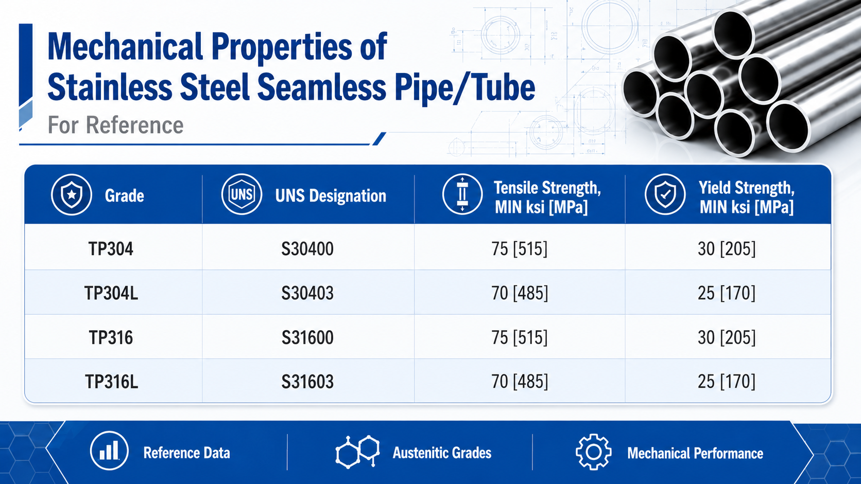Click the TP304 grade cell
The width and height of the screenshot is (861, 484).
coord(111,249)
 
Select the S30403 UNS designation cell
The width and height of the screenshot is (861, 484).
coord(307,293)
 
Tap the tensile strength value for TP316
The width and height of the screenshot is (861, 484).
coord(519,338)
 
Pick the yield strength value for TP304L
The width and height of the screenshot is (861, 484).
coord(727,293)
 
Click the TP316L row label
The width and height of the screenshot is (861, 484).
coord(111,382)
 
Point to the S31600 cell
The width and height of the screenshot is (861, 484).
coord(307,338)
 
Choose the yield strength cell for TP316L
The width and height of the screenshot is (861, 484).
coord(727,382)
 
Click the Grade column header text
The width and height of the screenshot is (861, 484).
coord(125,196)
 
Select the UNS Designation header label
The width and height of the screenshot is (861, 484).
coord(331,196)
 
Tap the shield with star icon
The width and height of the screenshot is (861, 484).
coord(72,194)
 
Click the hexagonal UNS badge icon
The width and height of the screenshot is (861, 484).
coord(242,194)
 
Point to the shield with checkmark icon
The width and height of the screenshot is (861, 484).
coord(665,194)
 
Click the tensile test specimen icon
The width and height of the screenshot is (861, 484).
coord(462,194)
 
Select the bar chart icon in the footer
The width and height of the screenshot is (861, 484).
coord(109,451)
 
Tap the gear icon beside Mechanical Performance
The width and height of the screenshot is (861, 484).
coord(593,452)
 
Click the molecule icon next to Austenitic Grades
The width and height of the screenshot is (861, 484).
coord(357,452)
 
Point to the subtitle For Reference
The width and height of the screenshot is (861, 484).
coord(115,125)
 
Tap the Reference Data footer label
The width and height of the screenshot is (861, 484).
coord(186,453)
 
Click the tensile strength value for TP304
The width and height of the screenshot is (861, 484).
coord(519,249)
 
